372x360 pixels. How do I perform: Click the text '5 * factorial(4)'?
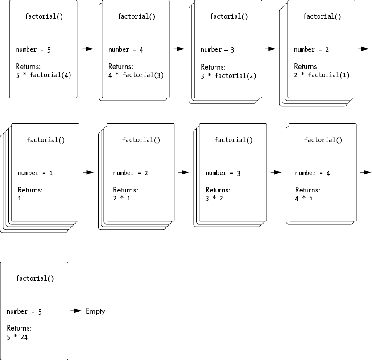43,75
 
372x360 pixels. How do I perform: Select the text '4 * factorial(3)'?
136,75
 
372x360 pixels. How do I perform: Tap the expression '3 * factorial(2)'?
228,76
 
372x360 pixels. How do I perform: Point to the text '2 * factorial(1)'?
322,75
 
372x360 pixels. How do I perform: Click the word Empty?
95,311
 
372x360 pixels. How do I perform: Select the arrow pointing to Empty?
76,311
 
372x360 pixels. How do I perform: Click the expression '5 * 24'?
17,337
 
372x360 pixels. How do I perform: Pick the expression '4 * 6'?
304,198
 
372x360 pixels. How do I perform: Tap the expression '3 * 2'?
214,198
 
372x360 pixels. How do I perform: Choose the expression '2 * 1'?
122,198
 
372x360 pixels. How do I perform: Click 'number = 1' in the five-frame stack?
35,173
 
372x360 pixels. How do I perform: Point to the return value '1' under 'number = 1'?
20,198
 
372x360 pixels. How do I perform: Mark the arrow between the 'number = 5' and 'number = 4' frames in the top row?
88,49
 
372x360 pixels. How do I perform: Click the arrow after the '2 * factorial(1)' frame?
364,49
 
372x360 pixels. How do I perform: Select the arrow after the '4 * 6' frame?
365,172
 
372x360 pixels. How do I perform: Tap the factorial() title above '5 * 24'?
35,278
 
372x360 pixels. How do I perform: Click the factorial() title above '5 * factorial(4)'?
44,17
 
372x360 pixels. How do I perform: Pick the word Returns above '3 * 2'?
218,190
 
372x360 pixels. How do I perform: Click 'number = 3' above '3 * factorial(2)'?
217,50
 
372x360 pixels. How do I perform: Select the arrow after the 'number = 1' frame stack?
89,172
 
